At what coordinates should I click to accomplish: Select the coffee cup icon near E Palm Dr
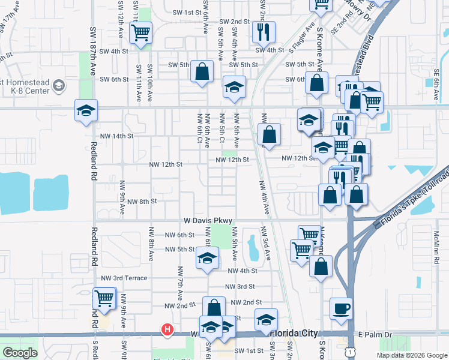pyautogui.click(x=342, y=309)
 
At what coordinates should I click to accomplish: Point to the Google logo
pyautogui.click(x=20, y=353)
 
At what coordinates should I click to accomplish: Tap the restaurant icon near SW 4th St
pyautogui.click(x=264, y=32)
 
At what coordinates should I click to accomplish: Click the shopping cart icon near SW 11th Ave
pyautogui.click(x=141, y=33)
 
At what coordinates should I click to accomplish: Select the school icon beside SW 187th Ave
pyautogui.click(x=86, y=111)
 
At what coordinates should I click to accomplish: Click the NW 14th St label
pyautogui.click(x=116, y=136)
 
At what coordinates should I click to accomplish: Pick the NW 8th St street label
pyautogui.click(x=142, y=202)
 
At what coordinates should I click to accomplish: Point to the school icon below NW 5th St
pyautogui.click(x=207, y=259)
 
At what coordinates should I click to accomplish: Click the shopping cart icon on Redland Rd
pyautogui.click(x=104, y=298)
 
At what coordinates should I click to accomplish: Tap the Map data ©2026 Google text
pyautogui.click(x=411, y=355)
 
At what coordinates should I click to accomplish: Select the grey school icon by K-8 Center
pyautogui.click(x=59, y=86)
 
